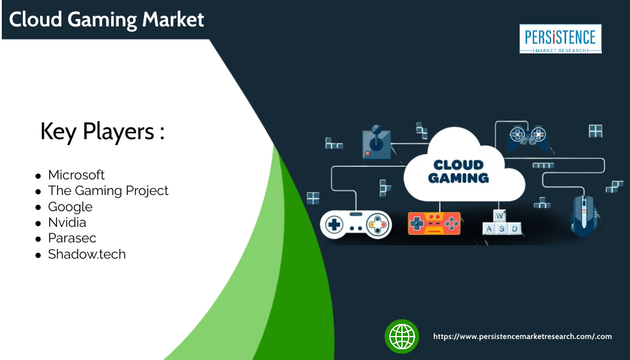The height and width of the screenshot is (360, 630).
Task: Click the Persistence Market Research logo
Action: point(560,39)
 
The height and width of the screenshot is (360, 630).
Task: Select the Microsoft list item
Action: point(76,175)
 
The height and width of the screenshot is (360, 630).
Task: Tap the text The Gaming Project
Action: point(108,190)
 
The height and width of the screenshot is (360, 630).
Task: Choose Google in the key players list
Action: point(70,206)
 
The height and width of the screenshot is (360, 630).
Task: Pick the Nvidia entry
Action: point(67,222)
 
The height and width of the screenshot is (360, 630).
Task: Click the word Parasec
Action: point(73,238)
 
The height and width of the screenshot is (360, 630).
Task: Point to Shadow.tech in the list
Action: point(87,254)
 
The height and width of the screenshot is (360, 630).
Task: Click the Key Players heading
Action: point(103,131)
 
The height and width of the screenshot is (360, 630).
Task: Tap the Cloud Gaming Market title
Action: point(106,19)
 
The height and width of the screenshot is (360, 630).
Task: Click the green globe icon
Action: point(402,336)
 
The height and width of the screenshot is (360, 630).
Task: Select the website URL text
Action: point(523,336)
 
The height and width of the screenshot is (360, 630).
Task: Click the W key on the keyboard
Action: point(499,216)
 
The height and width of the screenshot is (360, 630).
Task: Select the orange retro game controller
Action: point(434,223)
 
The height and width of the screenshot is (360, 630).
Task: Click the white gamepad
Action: point(356,224)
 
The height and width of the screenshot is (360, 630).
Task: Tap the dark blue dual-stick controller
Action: point(528,138)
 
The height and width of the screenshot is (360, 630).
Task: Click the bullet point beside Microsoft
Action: point(38,176)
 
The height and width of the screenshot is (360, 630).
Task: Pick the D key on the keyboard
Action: point(514,229)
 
